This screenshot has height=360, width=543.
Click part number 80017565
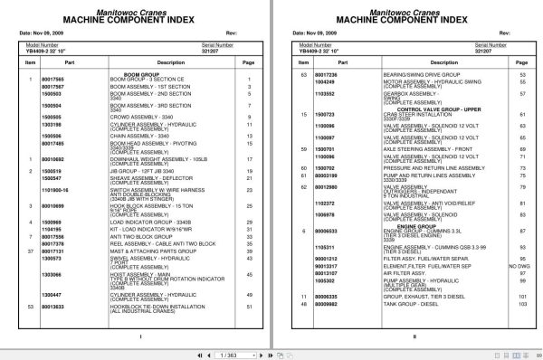[x=53, y=80]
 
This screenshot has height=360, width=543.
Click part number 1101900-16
[x=56, y=193]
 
